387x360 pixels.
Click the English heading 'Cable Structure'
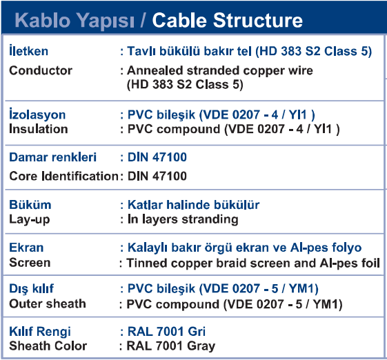click(x=228, y=20)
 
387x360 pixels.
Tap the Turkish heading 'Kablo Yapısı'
click(x=75, y=21)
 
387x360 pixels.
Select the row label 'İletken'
click(x=29, y=50)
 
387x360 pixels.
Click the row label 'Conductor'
click(x=41, y=70)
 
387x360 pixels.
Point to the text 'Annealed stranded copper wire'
click(x=220, y=71)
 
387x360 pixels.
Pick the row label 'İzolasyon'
click(x=37, y=114)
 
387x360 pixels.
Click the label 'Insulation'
click(x=39, y=129)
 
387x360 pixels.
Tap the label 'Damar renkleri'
click(x=53, y=157)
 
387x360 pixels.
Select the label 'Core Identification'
click(x=64, y=176)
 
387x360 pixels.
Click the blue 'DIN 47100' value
click(x=157, y=157)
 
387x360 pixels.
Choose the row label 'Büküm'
click(x=30, y=205)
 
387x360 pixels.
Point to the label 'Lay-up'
click(x=30, y=219)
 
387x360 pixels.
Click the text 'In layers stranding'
click(x=183, y=219)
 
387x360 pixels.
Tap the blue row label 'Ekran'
click(x=26, y=248)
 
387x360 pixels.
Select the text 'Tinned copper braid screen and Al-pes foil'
click(x=253, y=263)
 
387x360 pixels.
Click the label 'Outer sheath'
click(x=48, y=303)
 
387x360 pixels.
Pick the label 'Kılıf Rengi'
click(x=40, y=331)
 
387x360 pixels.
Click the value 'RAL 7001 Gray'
click(x=171, y=346)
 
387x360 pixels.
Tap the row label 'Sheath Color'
click(x=48, y=346)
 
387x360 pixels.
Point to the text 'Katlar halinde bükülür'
click(x=193, y=205)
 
